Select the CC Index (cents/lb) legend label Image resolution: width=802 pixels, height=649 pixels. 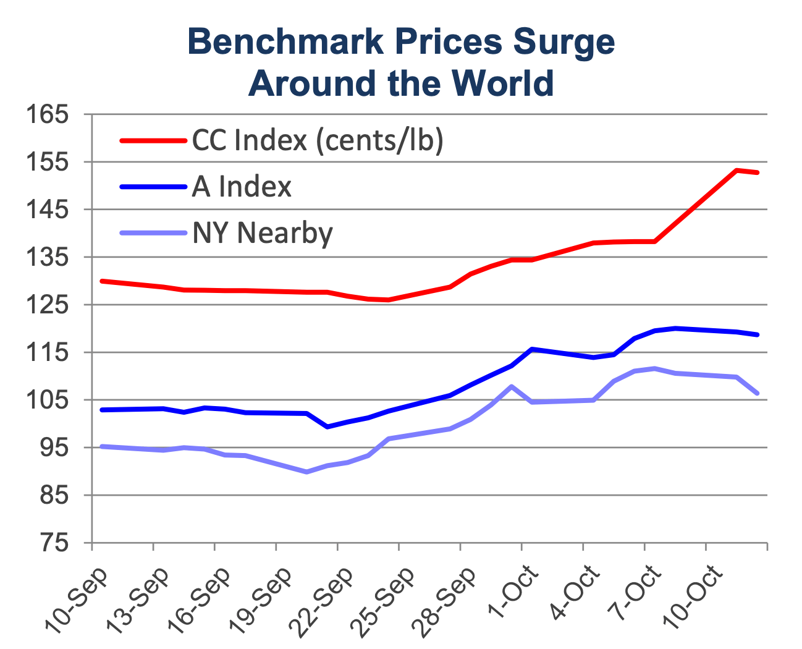(x=318, y=140)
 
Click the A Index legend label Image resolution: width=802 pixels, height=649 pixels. (x=242, y=187)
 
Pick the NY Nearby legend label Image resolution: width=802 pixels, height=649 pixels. (x=263, y=233)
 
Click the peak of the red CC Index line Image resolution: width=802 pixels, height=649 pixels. (x=737, y=170)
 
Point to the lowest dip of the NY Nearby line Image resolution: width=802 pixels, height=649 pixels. (x=306, y=472)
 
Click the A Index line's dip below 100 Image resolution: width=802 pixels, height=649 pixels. (x=327, y=427)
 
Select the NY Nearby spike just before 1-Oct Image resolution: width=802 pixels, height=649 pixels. (x=511, y=386)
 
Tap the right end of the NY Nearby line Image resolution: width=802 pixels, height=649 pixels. (x=758, y=393)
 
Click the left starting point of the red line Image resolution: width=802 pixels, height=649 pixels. (x=102, y=281)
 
